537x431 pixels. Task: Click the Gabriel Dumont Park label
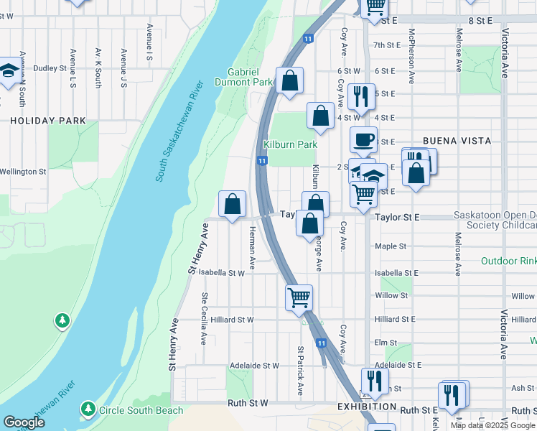(x=250, y=77)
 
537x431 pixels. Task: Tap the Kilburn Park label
(x=290, y=144)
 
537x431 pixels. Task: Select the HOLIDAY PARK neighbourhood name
(x=48, y=121)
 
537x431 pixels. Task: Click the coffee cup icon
(x=363, y=139)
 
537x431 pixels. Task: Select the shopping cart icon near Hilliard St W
(x=299, y=296)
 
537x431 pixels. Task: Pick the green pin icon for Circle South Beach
(x=88, y=409)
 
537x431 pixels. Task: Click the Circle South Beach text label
(x=141, y=411)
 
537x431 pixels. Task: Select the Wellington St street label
(x=23, y=172)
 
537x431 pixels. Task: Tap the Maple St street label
(x=391, y=246)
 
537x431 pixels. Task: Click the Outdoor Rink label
(x=508, y=261)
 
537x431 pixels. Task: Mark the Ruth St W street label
(x=248, y=404)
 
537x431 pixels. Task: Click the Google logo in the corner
(x=24, y=422)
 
